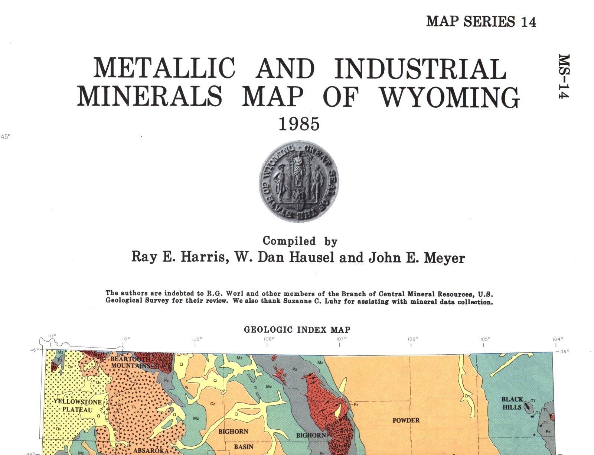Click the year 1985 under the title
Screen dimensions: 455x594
click(x=299, y=124)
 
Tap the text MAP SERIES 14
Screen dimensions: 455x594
click(x=481, y=22)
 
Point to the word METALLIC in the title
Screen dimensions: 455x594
click(x=164, y=68)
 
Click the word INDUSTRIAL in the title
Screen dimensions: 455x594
click(x=420, y=68)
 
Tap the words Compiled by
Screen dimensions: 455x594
click(x=300, y=241)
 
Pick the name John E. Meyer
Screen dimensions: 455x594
click(x=417, y=257)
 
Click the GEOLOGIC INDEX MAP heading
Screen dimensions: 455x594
click(x=297, y=329)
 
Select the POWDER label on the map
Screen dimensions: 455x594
click(x=406, y=420)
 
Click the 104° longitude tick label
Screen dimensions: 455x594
click(x=558, y=339)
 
